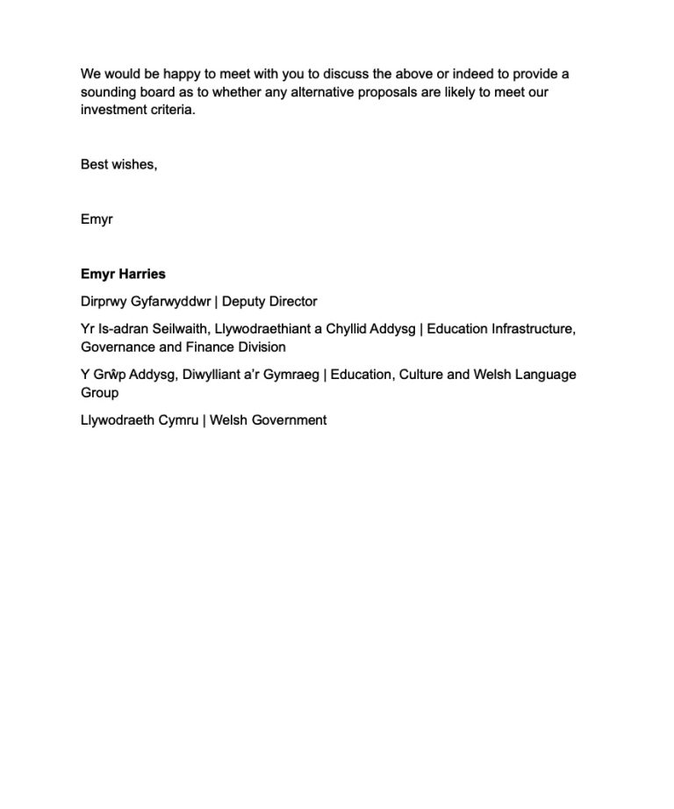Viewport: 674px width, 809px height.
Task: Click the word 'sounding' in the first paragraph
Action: point(109,92)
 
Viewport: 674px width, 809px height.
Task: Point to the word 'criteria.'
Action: point(171,111)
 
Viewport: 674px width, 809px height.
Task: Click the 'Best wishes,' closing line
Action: point(118,164)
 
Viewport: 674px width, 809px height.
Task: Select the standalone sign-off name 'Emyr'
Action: point(97,219)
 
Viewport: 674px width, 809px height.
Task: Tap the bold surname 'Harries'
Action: point(142,274)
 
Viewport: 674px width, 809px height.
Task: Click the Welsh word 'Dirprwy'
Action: point(103,301)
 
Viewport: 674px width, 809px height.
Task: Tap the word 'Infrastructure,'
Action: point(525,329)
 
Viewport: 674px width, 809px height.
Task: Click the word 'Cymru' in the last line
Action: point(178,420)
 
